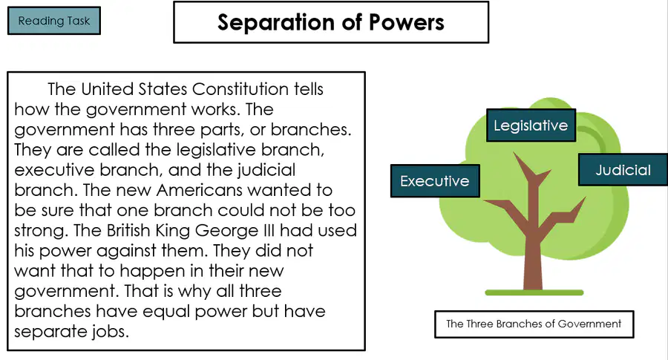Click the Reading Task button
(54, 21)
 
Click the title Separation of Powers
(331, 22)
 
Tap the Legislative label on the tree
(531, 125)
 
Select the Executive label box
(435, 181)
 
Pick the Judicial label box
(623, 169)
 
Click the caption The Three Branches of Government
(534, 324)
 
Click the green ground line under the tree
(534, 292)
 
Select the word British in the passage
(128, 231)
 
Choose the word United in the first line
(107, 89)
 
